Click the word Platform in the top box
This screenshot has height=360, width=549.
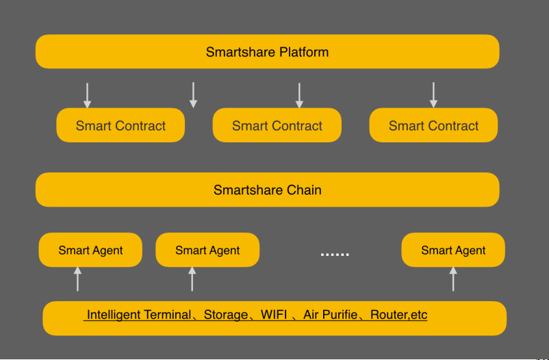(299, 52)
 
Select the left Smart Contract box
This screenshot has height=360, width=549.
(120, 125)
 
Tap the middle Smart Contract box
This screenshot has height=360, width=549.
(277, 125)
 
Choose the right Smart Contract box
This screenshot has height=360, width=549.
(433, 125)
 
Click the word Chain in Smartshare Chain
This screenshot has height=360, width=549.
(304, 190)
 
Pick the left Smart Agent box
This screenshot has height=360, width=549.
(90, 250)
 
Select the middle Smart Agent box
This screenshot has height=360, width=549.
(207, 250)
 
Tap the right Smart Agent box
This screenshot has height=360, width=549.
(453, 250)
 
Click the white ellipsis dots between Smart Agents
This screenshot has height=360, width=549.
(335, 254)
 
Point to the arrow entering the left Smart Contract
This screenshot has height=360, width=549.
(87, 95)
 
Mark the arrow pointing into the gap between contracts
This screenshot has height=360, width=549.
(193, 95)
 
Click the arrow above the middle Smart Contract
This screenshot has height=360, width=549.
(299, 95)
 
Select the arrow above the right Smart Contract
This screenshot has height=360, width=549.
(433, 95)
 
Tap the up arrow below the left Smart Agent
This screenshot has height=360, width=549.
(78, 279)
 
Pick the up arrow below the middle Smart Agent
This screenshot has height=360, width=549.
(192, 279)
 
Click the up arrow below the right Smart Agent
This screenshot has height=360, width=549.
(453, 279)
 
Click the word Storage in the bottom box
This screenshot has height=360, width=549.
(226, 315)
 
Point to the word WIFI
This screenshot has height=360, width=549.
(274, 314)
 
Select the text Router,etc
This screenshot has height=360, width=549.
(399, 315)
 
